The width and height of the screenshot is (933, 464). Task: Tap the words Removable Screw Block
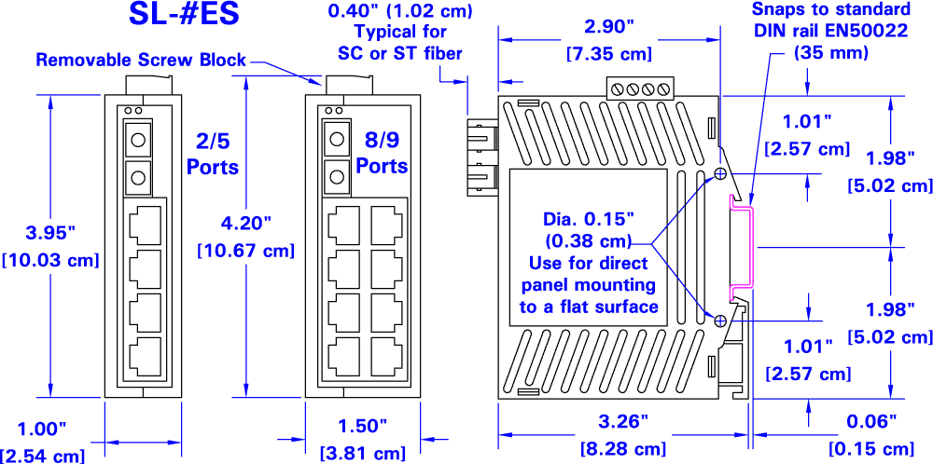pos(141,61)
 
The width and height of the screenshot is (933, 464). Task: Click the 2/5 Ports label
pos(212,153)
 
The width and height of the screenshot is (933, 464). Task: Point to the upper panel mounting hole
pos(721,174)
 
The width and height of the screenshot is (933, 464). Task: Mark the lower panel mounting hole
pos(721,321)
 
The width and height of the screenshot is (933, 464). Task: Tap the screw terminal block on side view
pos(639,89)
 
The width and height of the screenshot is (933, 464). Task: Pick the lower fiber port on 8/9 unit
pos(335,174)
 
